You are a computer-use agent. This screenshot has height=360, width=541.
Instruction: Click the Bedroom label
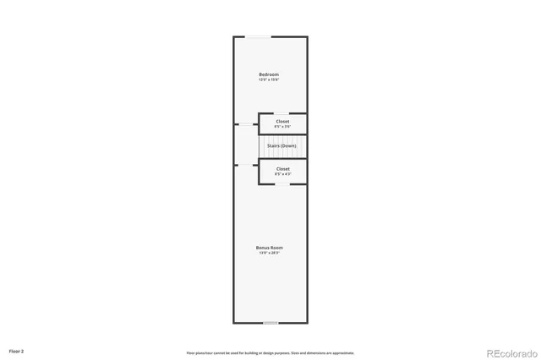pyautogui.click(x=269, y=74)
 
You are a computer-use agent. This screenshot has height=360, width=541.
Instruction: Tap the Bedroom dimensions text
pyautogui.click(x=269, y=79)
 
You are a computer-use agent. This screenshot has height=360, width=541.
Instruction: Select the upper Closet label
pyautogui.click(x=282, y=121)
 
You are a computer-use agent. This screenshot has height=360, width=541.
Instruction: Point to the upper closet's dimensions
pyautogui.click(x=282, y=127)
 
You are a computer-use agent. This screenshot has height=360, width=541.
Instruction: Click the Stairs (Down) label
pyautogui.click(x=281, y=146)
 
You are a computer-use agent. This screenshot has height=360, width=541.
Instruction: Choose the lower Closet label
pyautogui.click(x=282, y=168)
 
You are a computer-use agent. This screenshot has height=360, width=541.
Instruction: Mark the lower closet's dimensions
pyautogui.click(x=282, y=174)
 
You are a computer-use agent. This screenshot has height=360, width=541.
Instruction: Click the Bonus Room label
pyautogui.click(x=269, y=248)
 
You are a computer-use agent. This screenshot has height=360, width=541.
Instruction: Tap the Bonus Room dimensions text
pyautogui.click(x=269, y=253)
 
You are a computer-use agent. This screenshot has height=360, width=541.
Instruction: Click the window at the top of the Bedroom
pyautogui.click(x=258, y=36)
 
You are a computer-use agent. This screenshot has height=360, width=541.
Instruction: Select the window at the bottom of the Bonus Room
pyautogui.click(x=270, y=323)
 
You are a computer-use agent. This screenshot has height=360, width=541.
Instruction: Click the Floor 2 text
pyautogui.click(x=17, y=350)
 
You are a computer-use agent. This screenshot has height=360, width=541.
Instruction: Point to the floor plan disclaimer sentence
pyautogui.click(x=270, y=352)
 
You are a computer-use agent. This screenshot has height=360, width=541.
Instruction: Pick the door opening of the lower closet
pyautogui.click(x=259, y=172)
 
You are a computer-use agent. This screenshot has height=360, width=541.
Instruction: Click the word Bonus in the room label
pyautogui.click(x=263, y=248)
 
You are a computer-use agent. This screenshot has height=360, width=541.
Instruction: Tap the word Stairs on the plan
pyautogui.click(x=273, y=146)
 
